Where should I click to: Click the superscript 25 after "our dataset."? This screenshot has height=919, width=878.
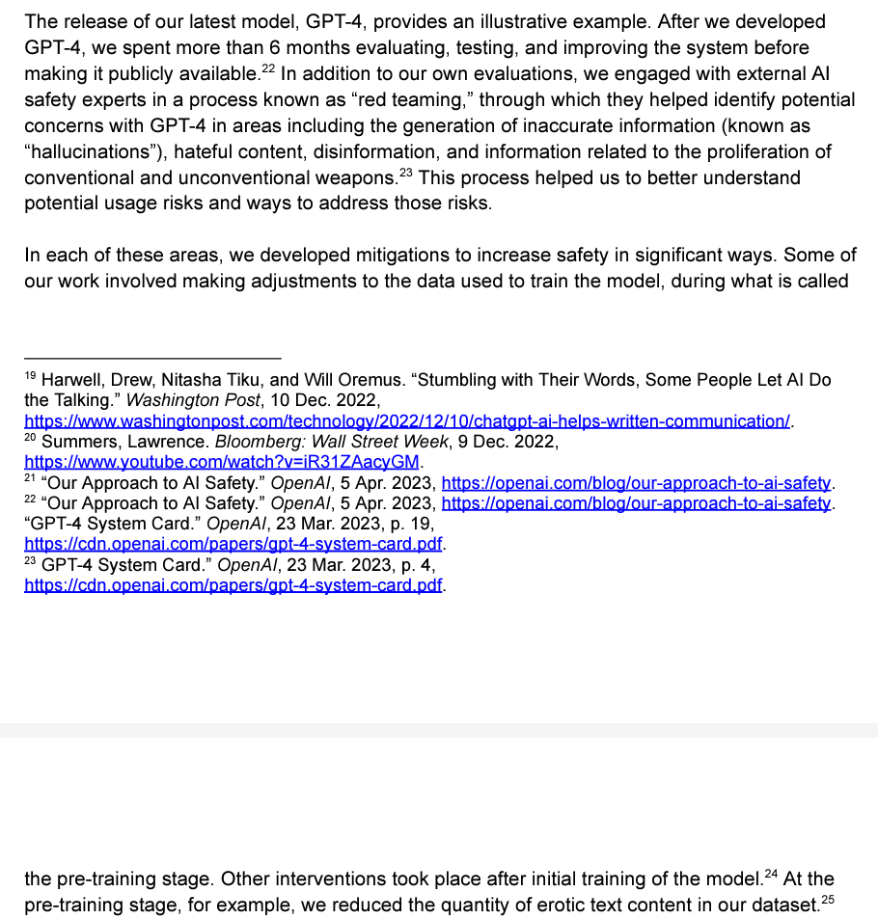click(x=827, y=900)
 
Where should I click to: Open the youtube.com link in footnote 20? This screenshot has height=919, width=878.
click(x=222, y=462)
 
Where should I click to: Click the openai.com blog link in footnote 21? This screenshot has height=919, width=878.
click(x=637, y=483)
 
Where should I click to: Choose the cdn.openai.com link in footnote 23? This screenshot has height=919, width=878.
click(x=233, y=585)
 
